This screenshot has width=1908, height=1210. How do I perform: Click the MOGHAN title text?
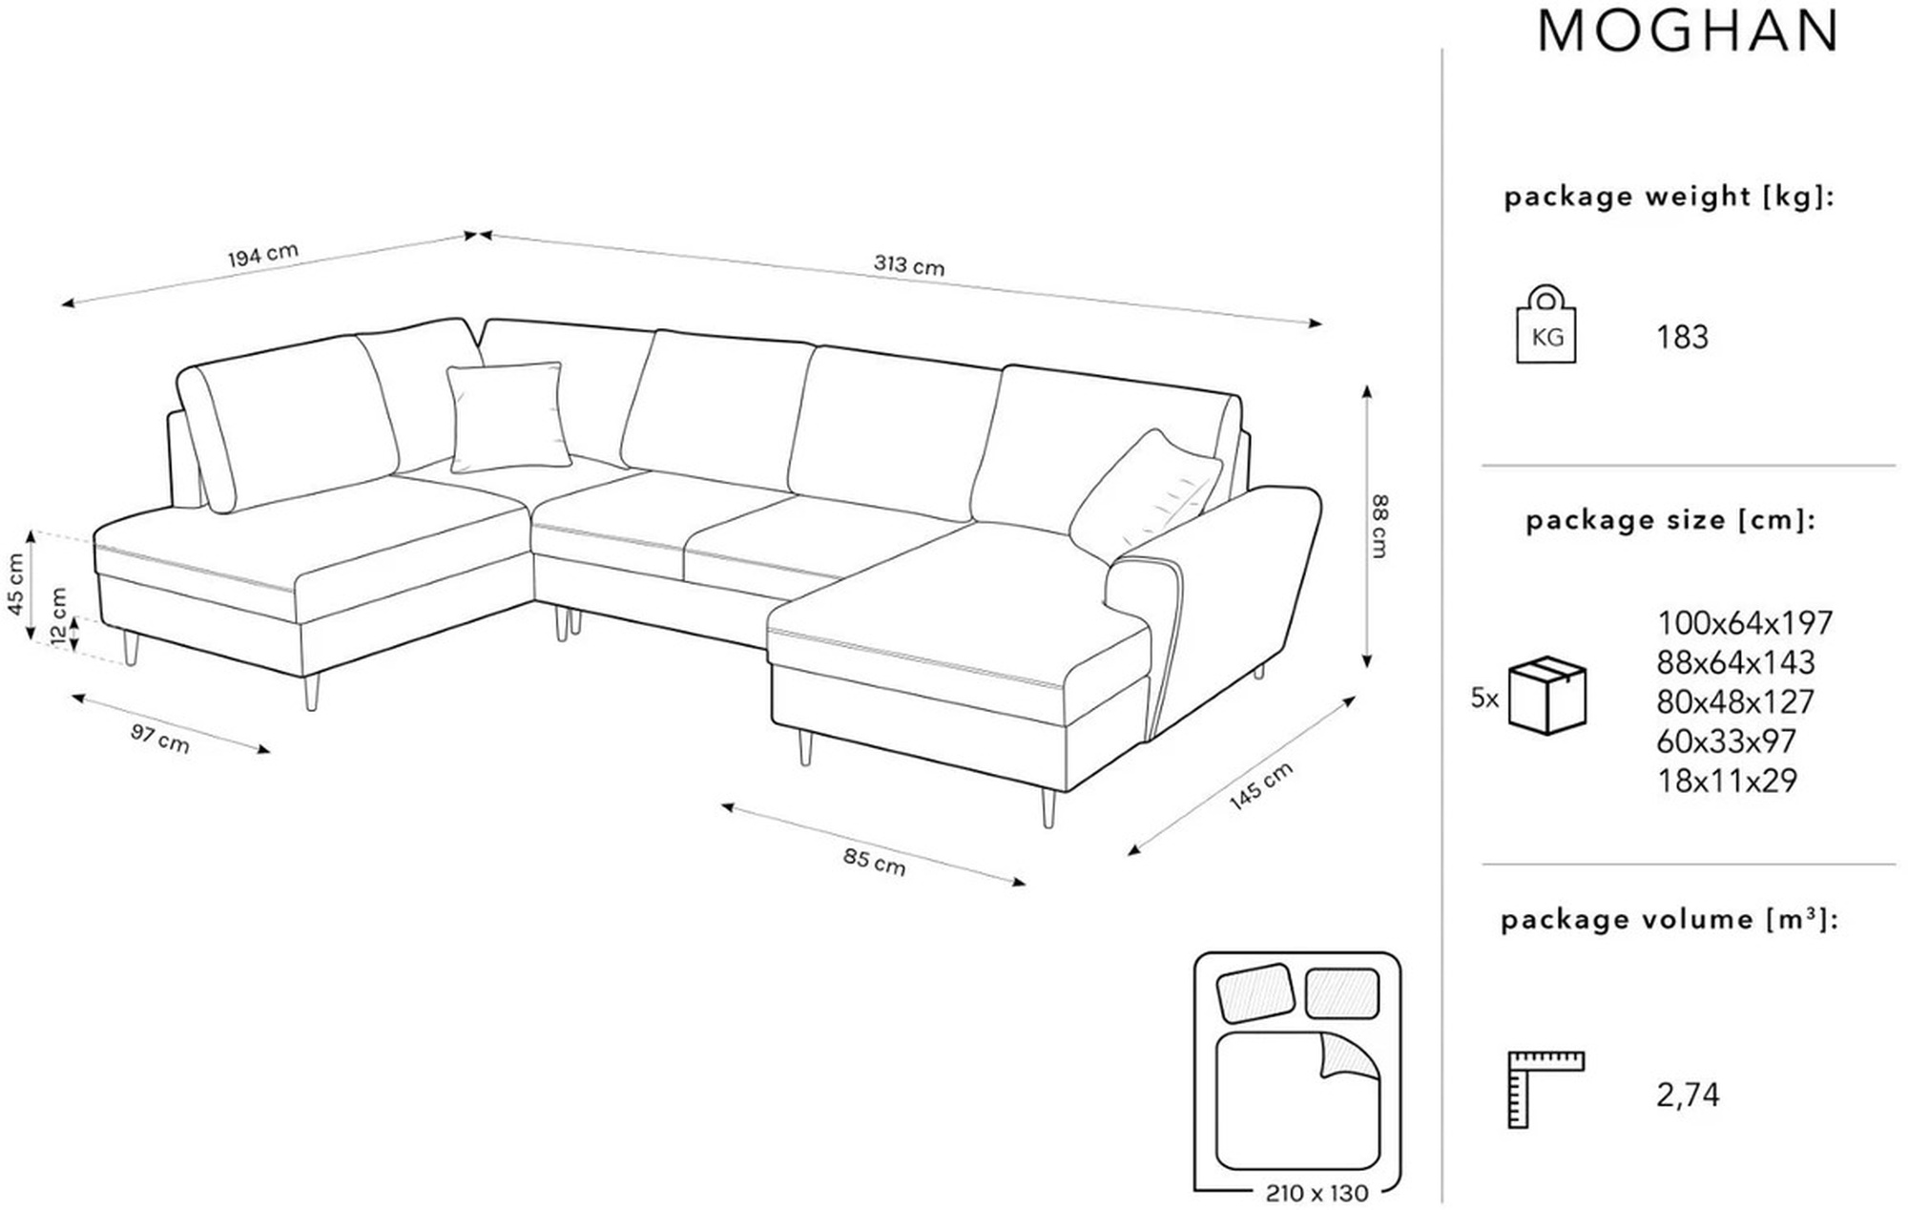(x=1688, y=31)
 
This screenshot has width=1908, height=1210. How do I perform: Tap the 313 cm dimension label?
(x=909, y=265)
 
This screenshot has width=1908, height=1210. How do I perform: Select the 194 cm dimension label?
(x=263, y=255)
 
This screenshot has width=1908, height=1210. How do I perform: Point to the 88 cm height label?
(x=1379, y=525)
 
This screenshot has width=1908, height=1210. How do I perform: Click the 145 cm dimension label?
(x=1261, y=786)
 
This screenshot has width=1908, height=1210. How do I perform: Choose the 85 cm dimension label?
(x=874, y=861)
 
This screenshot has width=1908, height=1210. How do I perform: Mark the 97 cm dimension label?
(x=160, y=738)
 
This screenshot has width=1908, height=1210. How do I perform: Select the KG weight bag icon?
(x=1546, y=324)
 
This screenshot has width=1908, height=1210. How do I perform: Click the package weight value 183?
(x=1682, y=337)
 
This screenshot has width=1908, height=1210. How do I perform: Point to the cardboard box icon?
(x=1546, y=695)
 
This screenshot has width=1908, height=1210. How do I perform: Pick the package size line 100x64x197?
(x=1745, y=623)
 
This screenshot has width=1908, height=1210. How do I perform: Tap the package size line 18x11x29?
(x=1727, y=781)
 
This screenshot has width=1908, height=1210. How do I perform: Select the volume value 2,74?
(x=1688, y=1095)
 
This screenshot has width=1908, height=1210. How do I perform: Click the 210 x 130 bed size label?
(x=1317, y=1193)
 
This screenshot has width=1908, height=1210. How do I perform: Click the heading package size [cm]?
(x=1670, y=521)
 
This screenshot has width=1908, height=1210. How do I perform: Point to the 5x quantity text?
(x=1484, y=699)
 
